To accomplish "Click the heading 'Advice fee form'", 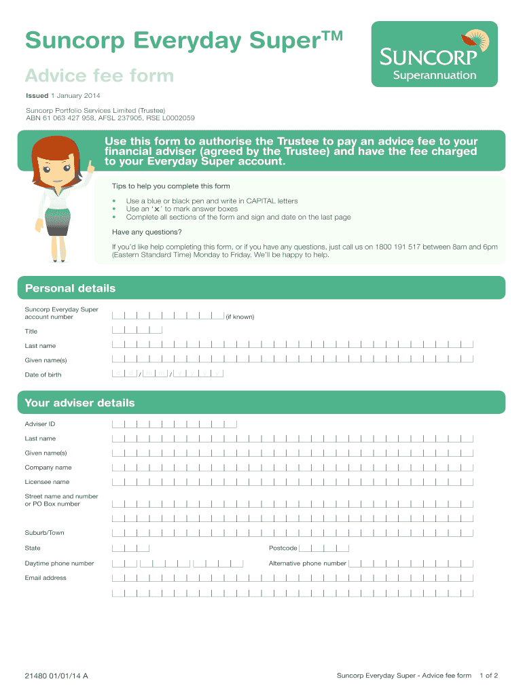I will [x=99, y=75].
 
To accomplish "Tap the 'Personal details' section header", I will [x=71, y=288].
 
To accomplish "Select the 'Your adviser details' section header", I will [x=80, y=403].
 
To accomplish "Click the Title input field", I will [x=137, y=330].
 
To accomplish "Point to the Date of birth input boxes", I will [x=168, y=373].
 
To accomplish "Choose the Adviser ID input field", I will [x=175, y=423].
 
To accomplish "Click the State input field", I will [x=131, y=548].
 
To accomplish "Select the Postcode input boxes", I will [x=324, y=548].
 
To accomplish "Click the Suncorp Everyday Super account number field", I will [x=168, y=315].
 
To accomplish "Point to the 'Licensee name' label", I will [x=47, y=482].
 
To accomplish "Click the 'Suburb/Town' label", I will [x=45, y=533].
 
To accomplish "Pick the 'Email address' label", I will [x=46, y=578].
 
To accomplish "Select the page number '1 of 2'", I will [x=489, y=676].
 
